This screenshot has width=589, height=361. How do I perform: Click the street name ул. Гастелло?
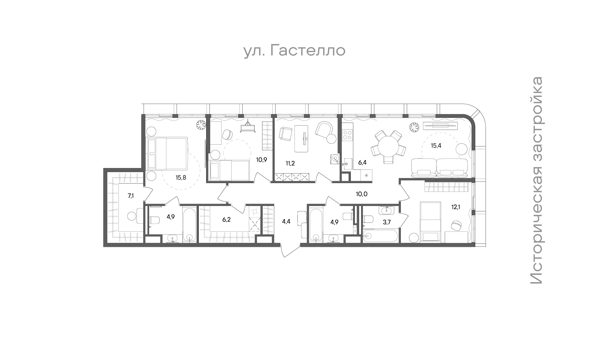(x=294, y=51)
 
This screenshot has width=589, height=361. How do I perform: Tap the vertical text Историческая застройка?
(x=536, y=180)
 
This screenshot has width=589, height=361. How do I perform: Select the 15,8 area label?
(x=181, y=178)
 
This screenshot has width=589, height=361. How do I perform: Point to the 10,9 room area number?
(x=262, y=160)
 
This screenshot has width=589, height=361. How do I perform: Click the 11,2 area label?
(x=290, y=164)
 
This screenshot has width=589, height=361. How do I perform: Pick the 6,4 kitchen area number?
(x=362, y=162)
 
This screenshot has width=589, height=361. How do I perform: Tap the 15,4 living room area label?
(x=436, y=146)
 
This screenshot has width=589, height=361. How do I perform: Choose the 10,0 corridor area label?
(x=361, y=194)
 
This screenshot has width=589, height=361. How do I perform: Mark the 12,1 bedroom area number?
(x=456, y=207)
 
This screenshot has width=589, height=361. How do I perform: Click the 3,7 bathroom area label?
(x=387, y=222)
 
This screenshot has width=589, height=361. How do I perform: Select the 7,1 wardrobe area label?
(x=131, y=196)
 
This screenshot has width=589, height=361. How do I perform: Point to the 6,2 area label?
(x=226, y=220)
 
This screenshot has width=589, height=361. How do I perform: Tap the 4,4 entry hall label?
(x=286, y=221)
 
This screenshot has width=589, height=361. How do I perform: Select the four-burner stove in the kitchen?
(x=347, y=135)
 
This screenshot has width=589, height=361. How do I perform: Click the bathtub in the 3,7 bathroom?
(x=380, y=236)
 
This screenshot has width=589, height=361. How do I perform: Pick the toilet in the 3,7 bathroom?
(x=368, y=219)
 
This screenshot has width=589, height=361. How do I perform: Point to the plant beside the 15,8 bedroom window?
(x=201, y=125)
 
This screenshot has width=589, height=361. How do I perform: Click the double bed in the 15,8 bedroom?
(x=167, y=153)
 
